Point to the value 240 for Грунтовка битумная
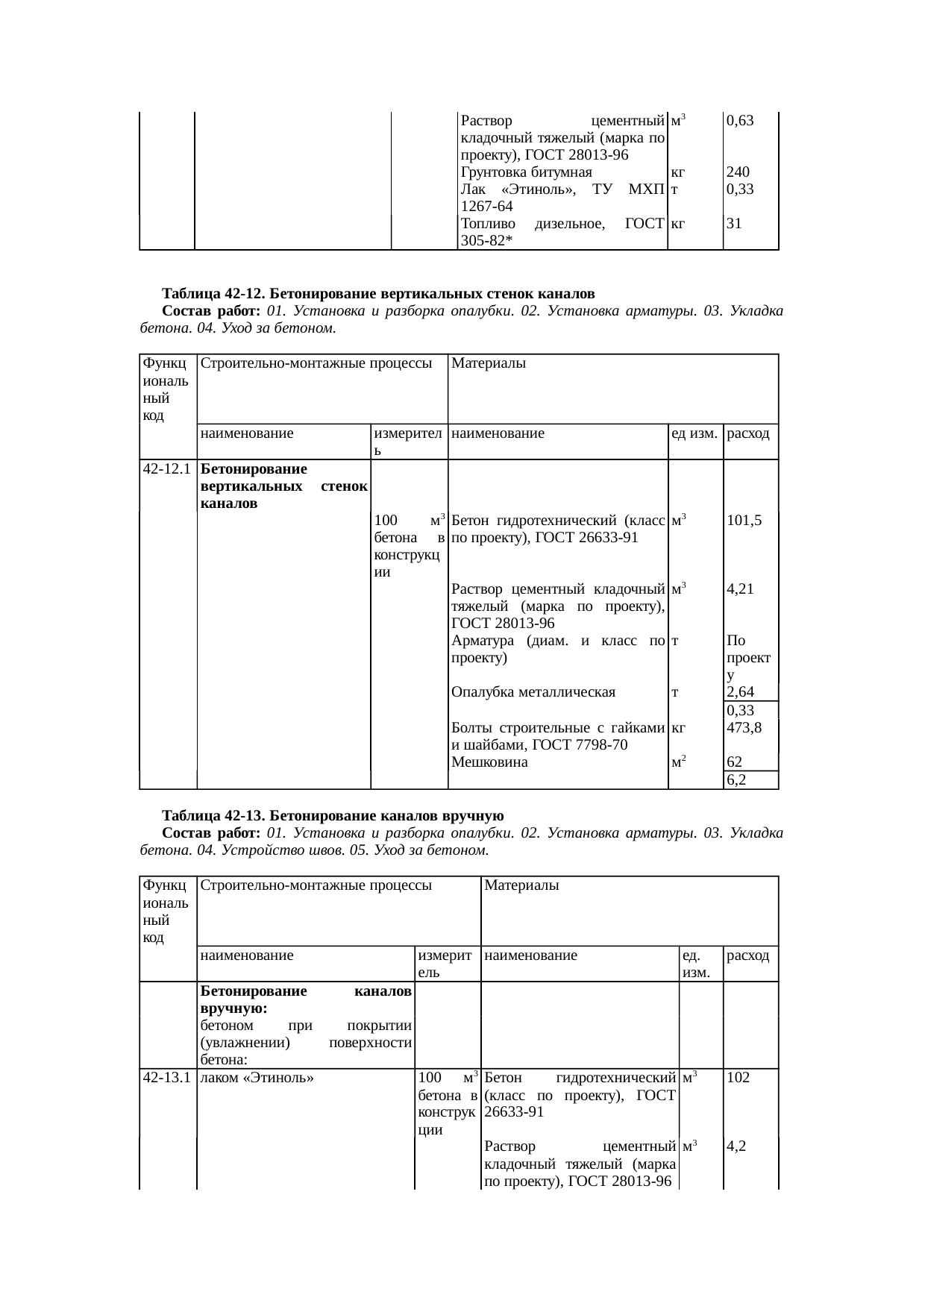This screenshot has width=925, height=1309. click(739, 172)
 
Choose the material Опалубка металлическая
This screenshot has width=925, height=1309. click(533, 692)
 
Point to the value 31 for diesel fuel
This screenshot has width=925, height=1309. click(734, 222)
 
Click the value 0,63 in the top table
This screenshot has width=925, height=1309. click(740, 119)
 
